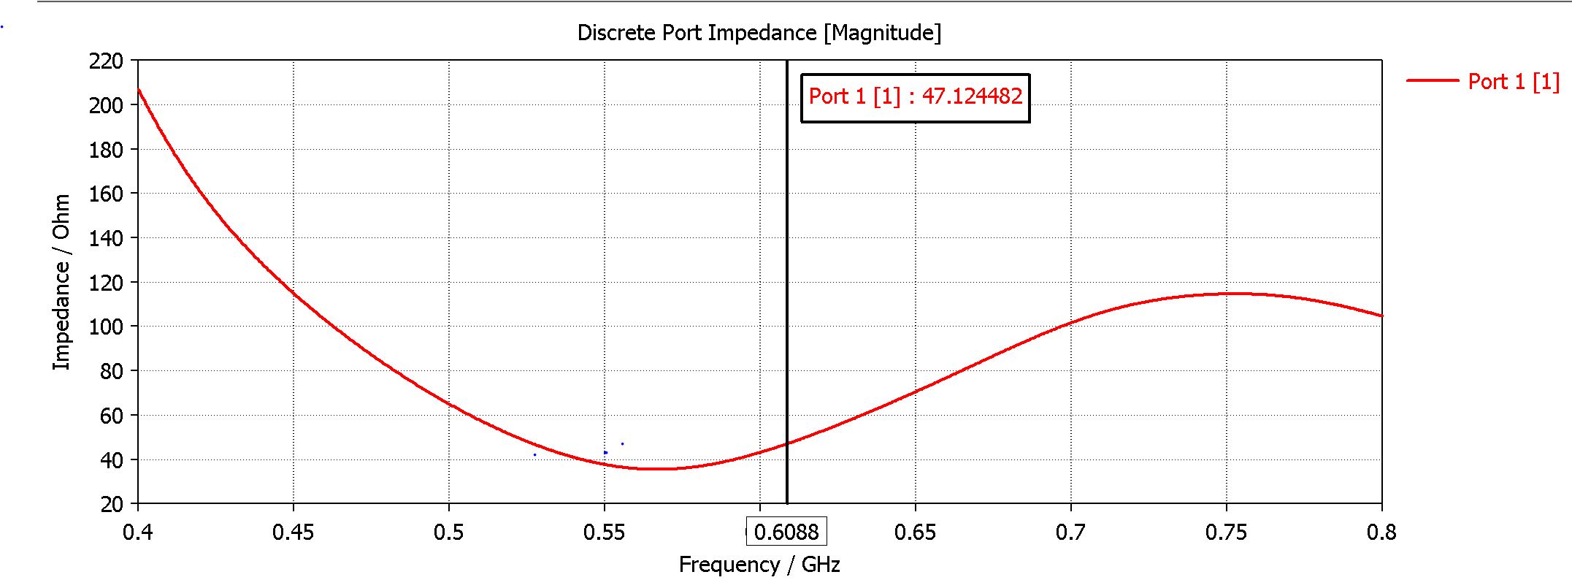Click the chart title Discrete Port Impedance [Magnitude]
click(x=759, y=33)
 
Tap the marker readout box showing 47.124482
click(x=915, y=97)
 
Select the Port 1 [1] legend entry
click(x=1513, y=81)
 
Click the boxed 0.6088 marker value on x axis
click(x=786, y=531)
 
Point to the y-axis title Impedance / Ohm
click(x=61, y=282)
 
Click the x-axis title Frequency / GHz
click(x=759, y=565)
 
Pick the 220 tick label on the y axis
click(x=106, y=61)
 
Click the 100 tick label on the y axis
click(x=106, y=327)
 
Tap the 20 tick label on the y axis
click(x=112, y=504)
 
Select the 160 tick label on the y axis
click(x=106, y=194)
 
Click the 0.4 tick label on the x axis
click(x=137, y=533)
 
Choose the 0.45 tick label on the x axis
click(x=293, y=533)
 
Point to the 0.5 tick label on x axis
click(x=448, y=533)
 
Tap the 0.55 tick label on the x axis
click(x=604, y=533)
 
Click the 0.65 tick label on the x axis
click(x=915, y=533)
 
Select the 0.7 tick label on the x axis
click(x=1070, y=533)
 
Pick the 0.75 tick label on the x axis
click(x=1226, y=533)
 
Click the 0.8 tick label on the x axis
click(x=1381, y=533)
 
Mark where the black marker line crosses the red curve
click(x=787, y=443)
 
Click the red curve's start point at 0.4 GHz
click(x=139, y=89)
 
